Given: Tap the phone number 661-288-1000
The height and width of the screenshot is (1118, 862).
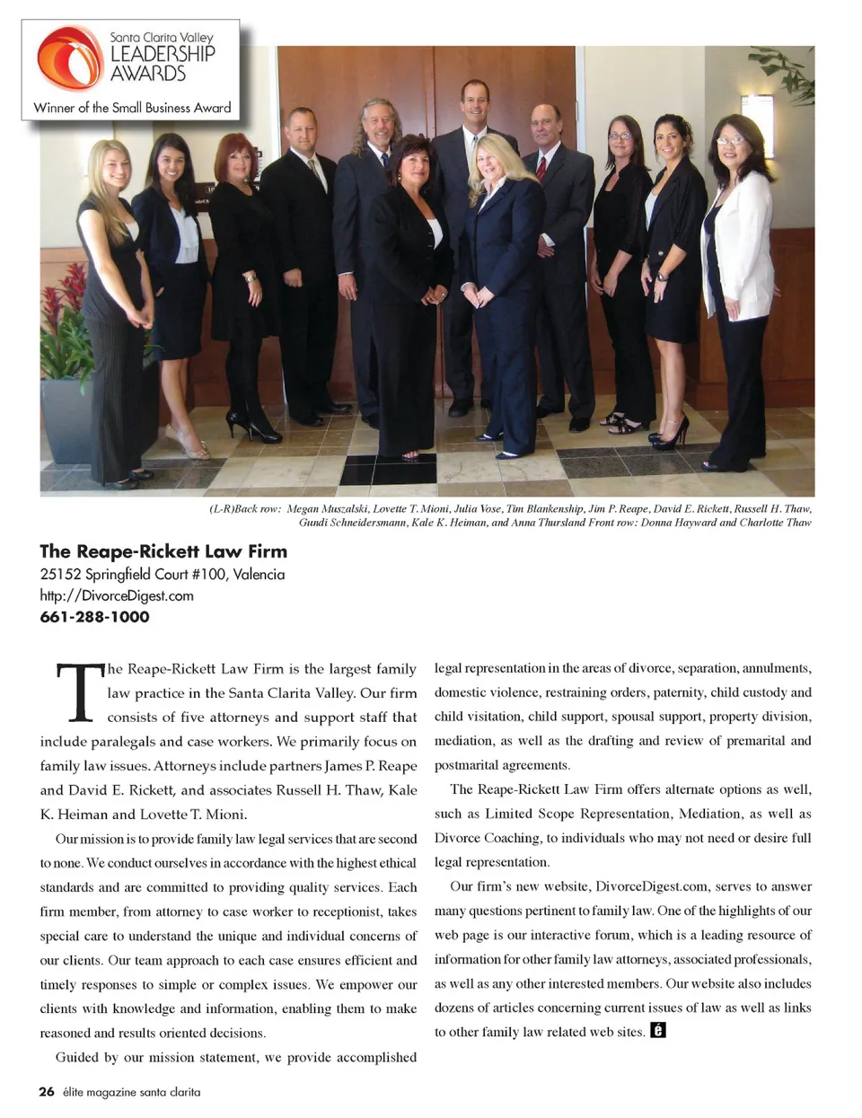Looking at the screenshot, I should [94, 617].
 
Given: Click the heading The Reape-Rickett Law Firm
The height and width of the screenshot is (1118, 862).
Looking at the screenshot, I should [163, 551].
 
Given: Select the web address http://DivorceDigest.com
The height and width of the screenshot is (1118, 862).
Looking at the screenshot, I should [117, 595].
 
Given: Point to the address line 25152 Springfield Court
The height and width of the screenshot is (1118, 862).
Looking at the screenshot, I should [162, 574].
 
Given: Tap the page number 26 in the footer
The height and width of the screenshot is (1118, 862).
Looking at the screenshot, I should [47, 1092].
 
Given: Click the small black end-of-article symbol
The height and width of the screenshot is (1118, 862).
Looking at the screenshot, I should [658, 1030].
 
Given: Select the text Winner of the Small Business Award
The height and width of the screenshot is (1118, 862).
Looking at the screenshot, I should [132, 108].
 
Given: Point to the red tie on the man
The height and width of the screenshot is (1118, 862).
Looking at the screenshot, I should [541, 167].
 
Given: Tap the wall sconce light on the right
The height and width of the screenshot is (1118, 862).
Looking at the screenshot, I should [757, 121].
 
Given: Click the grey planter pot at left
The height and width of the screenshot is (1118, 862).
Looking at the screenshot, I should [67, 418].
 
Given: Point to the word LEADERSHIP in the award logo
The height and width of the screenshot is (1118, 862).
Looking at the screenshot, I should [163, 53].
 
